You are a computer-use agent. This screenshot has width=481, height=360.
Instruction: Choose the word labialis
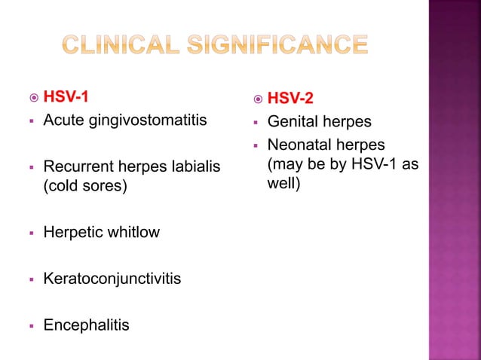(195, 166)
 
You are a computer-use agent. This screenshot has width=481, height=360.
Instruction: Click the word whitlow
(133, 232)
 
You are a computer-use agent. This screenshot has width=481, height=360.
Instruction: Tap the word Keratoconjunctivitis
(112, 279)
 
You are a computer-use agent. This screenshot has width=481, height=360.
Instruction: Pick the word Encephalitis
(86, 325)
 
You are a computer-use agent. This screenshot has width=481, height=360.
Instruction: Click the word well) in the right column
(283, 182)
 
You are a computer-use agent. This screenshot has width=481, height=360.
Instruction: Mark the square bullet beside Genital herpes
(256, 122)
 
